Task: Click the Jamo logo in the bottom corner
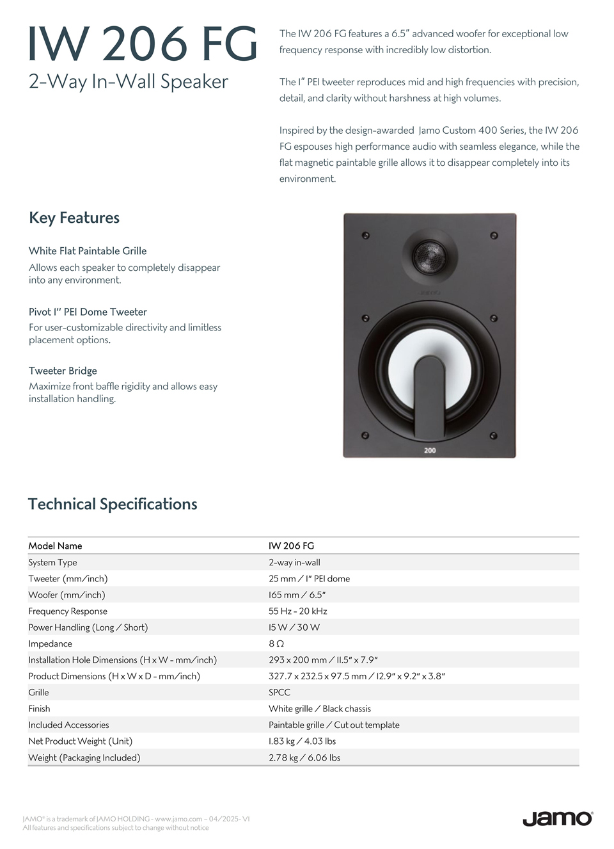coord(557,818)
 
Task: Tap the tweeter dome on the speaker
coord(429,257)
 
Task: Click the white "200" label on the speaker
coord(430,450)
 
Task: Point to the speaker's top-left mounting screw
coord(366,236)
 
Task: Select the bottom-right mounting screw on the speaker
coord(493,436)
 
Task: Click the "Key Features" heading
coord(74,218)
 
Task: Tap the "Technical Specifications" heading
coord(113,504)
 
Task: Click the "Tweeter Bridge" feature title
coord(63,371)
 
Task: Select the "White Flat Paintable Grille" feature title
coord(88,251)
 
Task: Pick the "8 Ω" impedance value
coord(276,643)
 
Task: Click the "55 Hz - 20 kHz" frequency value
coord(297,611)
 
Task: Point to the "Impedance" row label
coord(50,643)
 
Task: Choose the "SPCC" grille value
coord(279,692)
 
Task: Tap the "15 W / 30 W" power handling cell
coord(294,627)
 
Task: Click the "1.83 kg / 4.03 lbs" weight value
coord(302,741)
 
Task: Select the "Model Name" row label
coord(55,546)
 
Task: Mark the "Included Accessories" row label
coord(68,725)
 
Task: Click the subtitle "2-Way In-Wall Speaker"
coord(128,81)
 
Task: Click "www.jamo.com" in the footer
coord(178,819)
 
